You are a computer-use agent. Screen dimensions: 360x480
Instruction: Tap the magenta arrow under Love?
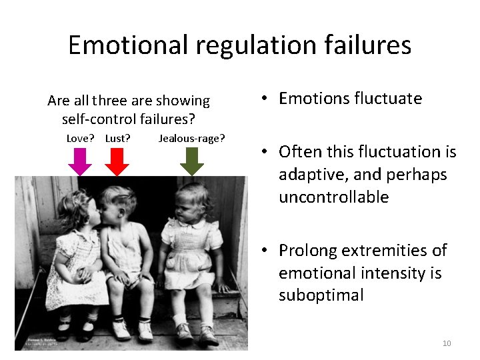pyautogui.click(x=80, y=161)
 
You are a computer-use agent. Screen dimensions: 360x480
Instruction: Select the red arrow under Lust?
pyautogui.click(x=117, y=161)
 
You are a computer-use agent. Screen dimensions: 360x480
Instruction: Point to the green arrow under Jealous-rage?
pyautogui.click(x=192, y=161)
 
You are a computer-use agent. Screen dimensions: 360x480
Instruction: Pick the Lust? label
pyautogui.click(x=117, y=139)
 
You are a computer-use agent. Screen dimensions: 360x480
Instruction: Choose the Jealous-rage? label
pyautogui.click(x=192, y=139)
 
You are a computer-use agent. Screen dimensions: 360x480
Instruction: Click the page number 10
pyautogui.click(x=447, y=343)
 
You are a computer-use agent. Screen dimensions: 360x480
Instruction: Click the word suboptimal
pyautogui.click(x=321, y=295)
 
